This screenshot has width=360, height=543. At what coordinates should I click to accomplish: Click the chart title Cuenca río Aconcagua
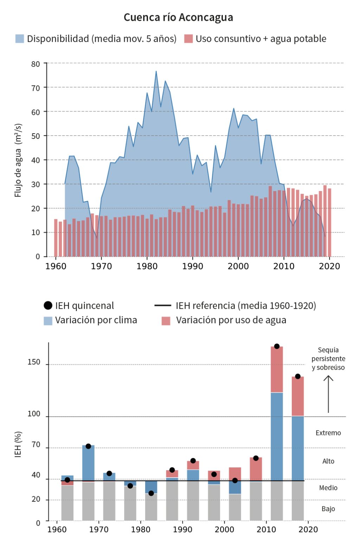178,17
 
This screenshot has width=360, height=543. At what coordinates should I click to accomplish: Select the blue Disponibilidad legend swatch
20,39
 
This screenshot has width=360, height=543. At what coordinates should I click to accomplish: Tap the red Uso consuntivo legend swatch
188,39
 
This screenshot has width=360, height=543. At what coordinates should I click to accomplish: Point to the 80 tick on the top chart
36,64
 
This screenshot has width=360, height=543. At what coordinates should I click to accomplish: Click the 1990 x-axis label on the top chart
193,266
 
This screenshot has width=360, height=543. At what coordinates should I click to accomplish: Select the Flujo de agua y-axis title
18,160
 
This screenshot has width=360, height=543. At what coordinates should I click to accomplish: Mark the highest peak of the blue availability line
156,71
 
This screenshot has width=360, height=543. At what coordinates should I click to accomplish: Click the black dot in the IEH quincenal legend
48,306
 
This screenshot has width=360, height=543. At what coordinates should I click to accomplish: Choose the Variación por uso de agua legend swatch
166,320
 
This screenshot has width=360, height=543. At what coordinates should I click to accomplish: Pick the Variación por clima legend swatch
48,320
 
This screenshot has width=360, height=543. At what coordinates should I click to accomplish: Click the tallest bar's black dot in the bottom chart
277,346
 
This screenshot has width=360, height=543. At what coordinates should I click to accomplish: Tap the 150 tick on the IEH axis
34,362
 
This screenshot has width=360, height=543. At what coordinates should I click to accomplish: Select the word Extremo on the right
328,433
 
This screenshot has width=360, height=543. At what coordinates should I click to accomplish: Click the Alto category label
328,461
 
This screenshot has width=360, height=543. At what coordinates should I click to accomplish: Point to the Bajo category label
328,509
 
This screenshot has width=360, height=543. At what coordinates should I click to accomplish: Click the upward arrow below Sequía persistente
328,394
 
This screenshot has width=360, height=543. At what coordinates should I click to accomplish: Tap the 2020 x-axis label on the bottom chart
308,530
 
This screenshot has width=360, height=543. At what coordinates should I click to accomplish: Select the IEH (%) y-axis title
18,444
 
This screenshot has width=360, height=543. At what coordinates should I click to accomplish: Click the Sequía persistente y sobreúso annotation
328,359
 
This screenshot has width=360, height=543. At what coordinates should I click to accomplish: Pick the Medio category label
328,488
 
